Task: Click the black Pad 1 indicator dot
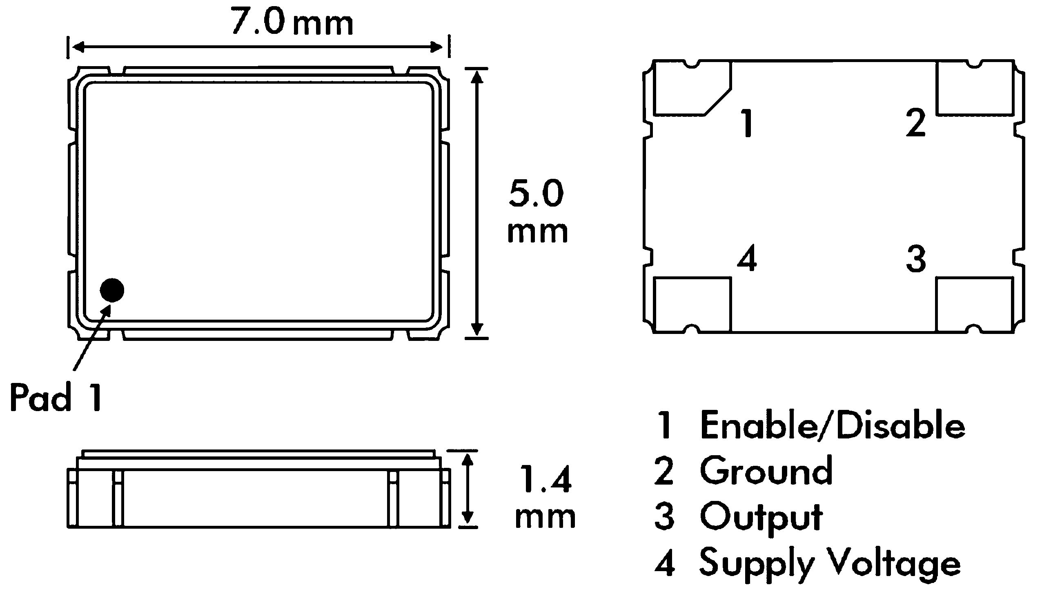pyautogui.click(x=112, y=290)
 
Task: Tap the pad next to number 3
pyautogui.click(x=975, y=305)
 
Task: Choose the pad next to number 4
pyautogui.click(x=692, y=305)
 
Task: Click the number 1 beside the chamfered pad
pyautogui.click(x=747, y=122)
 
